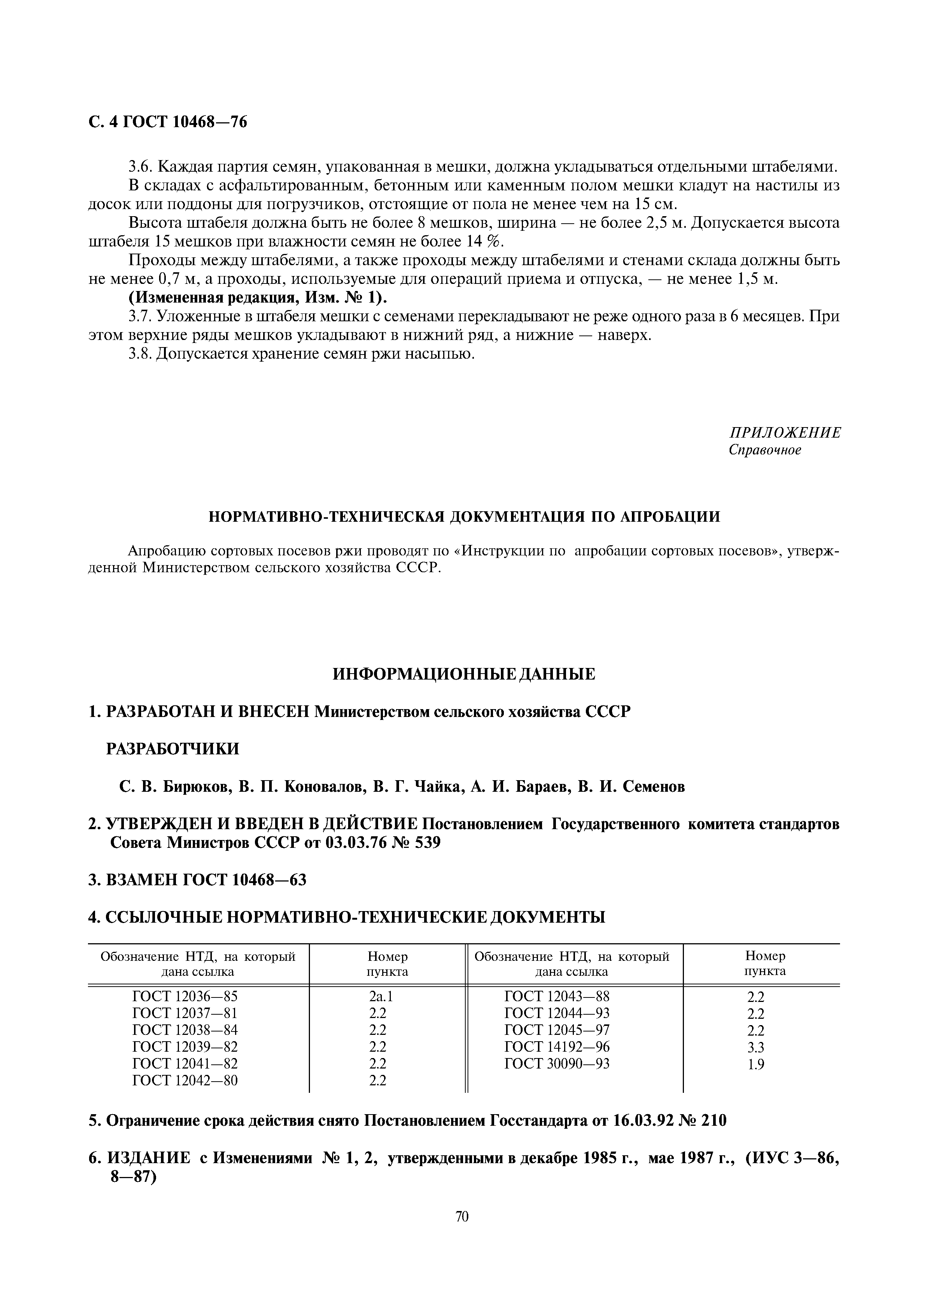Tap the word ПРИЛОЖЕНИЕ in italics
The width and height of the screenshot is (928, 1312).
[x=785, y=433]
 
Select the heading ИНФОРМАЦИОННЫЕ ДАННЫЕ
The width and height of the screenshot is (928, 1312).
[x=464, y=674]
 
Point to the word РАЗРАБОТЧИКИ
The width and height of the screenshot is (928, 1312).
[x=173, y=749]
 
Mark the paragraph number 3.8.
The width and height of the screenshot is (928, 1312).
[x=140, y=354]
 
